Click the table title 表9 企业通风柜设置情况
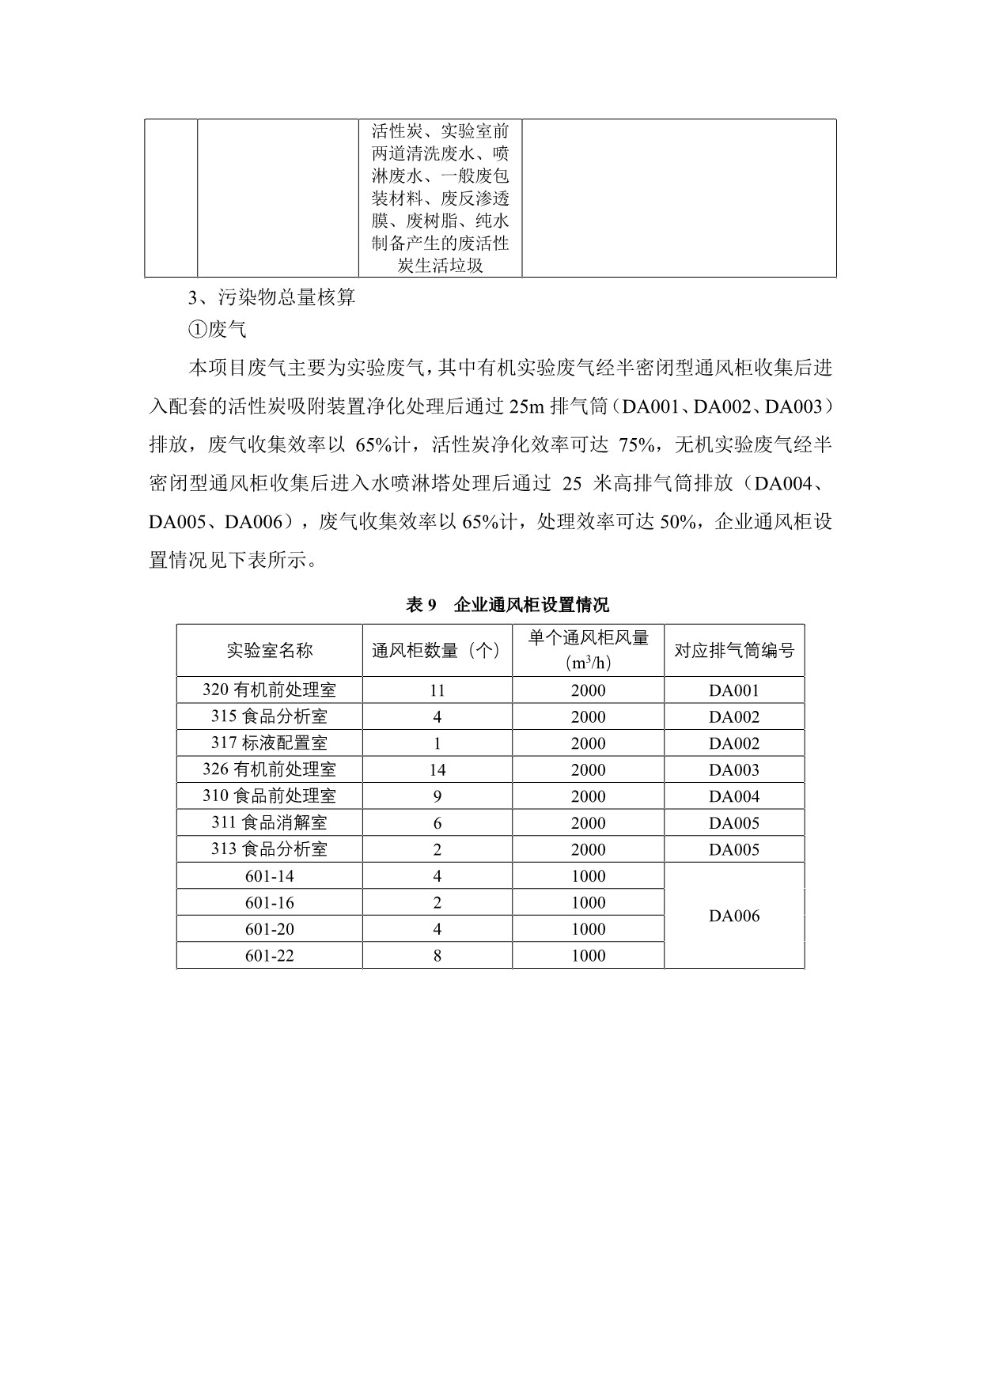coord(507,605)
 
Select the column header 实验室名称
coord(270,650)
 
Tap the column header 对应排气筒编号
coord(734,650)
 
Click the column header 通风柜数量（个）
coord(437,650)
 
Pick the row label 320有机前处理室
coord(270,690)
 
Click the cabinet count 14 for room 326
coord(437,769)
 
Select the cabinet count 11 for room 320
coord(437,690)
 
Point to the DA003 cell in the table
coord(734,769)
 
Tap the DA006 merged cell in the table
coord(734,916)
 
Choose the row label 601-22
coord(270,955)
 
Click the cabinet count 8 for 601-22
coord(437,955)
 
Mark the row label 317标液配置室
coord(270,743)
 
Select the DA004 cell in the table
coord(734,796)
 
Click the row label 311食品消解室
coord(270,822)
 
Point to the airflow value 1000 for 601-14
coord(588,876)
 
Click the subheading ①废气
coord(218,330)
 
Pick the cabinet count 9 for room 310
coord(437,796)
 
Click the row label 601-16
coord(270,902)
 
